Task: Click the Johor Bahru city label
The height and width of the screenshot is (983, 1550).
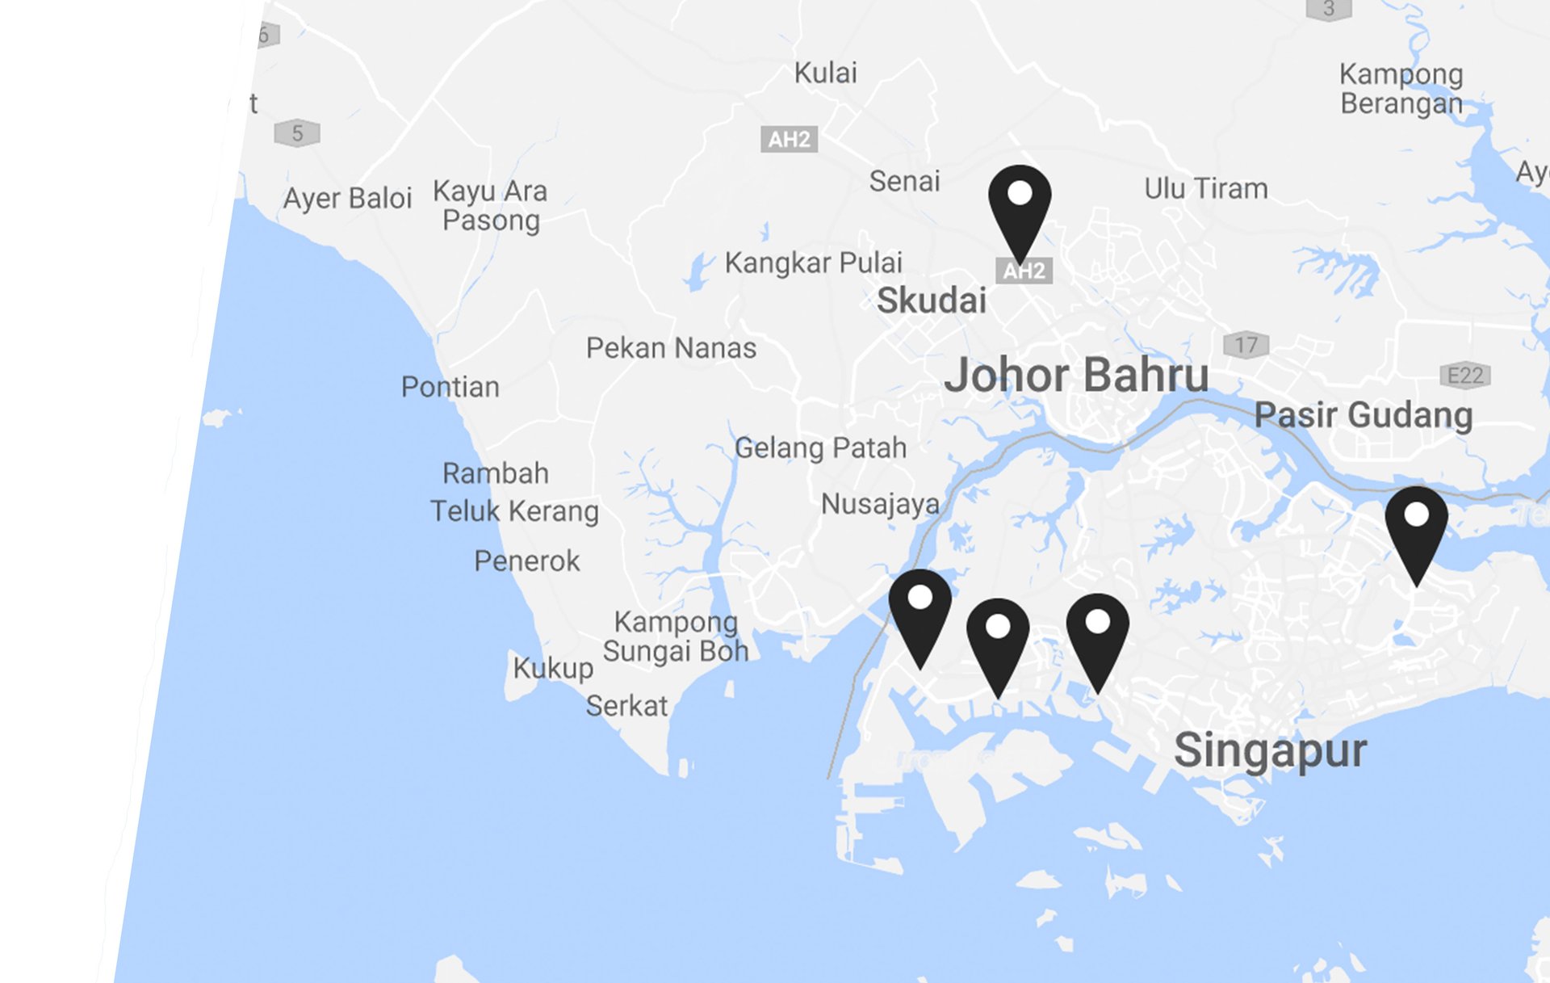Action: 1076,376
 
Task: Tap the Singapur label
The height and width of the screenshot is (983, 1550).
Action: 1270,751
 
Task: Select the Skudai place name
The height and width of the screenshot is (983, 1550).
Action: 932,300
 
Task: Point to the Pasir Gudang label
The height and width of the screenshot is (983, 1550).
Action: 1364,415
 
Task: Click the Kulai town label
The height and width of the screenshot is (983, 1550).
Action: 825,74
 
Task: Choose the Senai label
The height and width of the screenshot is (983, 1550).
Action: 904,182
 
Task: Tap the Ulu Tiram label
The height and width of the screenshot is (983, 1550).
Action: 1206,189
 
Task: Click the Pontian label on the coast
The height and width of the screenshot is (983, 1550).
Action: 450,387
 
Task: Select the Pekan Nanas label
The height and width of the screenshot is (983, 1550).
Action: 671,348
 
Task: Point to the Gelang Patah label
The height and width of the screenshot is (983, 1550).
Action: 820,448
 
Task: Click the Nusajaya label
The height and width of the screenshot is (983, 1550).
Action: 880,505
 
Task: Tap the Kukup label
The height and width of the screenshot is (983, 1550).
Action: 553,669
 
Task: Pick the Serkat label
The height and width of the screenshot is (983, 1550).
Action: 626,707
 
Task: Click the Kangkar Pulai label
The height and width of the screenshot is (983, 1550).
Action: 813,263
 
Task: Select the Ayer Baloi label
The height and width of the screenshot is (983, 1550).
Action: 347,199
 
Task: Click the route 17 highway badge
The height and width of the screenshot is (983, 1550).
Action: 1246,346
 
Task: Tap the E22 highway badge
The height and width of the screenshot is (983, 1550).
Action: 1464,376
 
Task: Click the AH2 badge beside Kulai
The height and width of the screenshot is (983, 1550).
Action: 789,140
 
